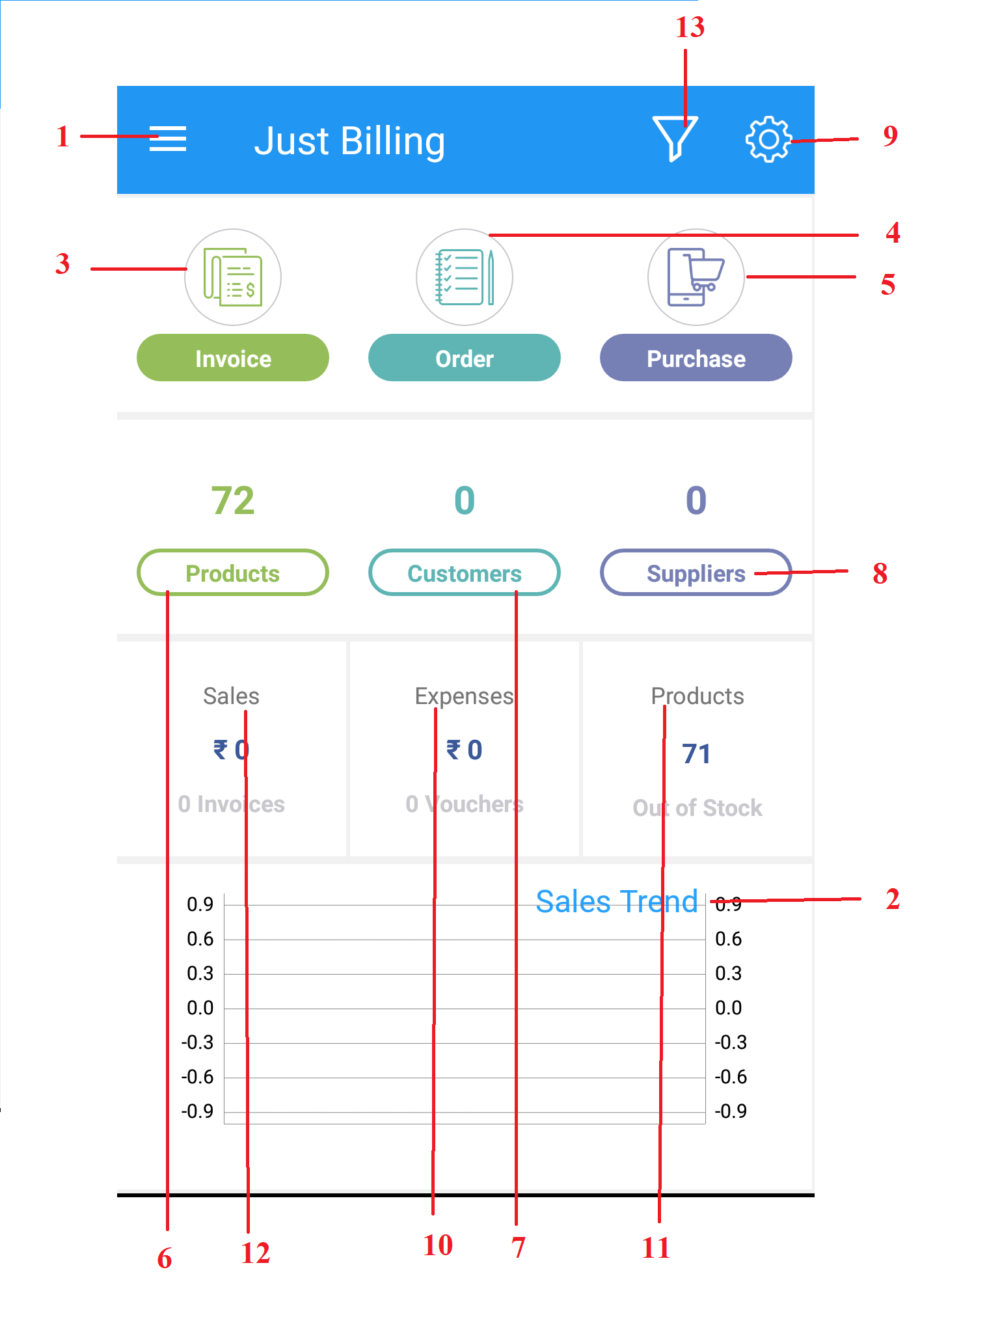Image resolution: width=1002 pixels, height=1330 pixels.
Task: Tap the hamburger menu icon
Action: [168, 139]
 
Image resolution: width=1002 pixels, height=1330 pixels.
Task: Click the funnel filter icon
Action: [675, 138]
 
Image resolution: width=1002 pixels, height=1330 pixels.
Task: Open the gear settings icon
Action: [768, 139]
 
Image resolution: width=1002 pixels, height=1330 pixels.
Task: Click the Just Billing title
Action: [349, 141]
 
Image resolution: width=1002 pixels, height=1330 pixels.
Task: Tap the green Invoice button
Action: [233, 358]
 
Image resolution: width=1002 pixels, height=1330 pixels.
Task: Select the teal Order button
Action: [465, 358]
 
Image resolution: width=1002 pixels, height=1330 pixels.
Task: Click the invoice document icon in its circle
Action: [233, 277]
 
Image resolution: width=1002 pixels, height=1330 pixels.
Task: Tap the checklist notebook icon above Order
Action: [465, 277]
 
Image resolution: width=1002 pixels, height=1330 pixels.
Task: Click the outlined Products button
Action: [233, 573]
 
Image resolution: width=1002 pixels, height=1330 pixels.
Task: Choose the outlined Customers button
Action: [465, 573]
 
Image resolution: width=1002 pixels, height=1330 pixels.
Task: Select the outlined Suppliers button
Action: [696, 573]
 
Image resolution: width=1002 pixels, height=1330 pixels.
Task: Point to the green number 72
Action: [233, 500]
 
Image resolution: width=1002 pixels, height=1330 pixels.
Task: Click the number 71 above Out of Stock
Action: [696, 753]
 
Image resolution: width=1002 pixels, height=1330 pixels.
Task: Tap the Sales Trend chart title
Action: [617, 902]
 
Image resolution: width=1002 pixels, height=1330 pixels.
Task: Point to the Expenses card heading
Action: [465, 696]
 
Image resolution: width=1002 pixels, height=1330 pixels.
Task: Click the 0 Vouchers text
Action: [465, 804]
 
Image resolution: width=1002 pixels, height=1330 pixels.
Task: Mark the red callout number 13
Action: [690, 27]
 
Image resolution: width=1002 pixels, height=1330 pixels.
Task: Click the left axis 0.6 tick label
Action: [200, 939]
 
